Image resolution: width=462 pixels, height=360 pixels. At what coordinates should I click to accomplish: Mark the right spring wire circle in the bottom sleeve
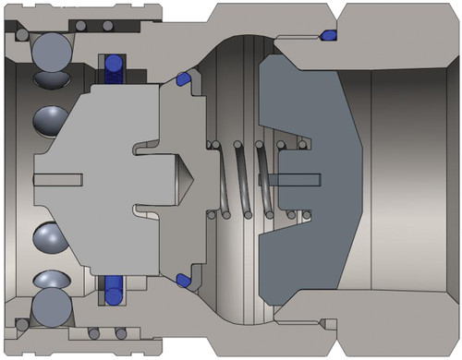point(115,334)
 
